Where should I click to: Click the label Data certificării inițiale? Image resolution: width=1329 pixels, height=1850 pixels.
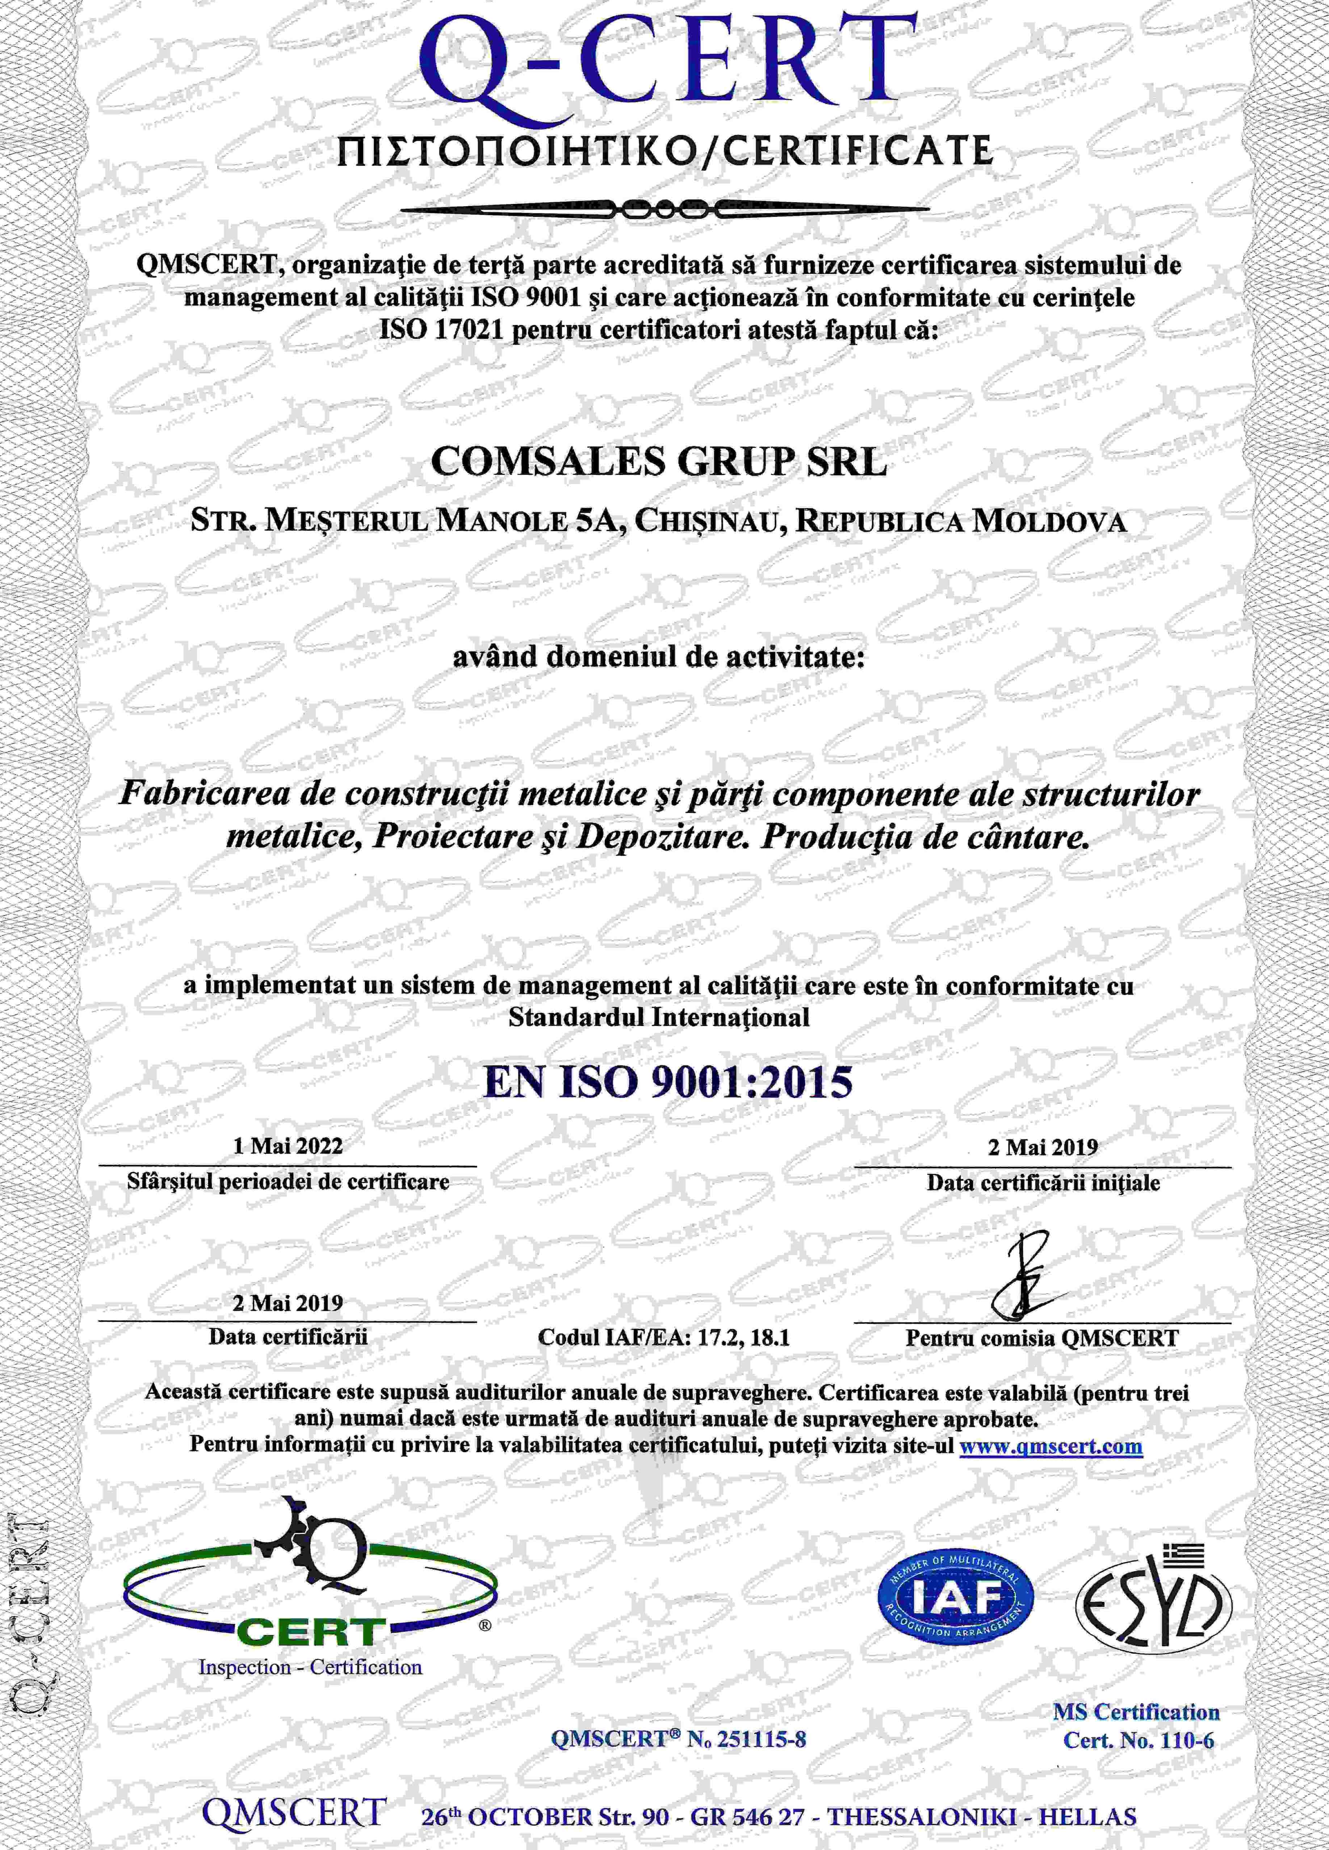coord(1043,1182)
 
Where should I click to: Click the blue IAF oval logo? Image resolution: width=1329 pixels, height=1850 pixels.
coord(954,1599)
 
